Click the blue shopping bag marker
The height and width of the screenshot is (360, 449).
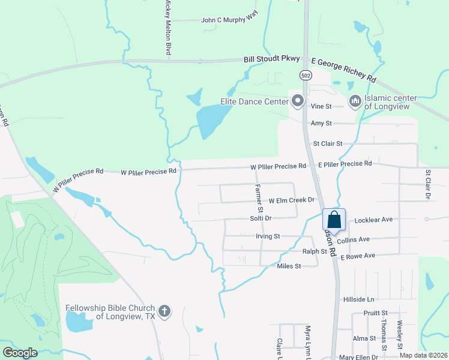(334, 220)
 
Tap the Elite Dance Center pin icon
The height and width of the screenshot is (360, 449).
(296, 100)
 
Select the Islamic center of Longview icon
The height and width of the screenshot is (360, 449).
(354, 101)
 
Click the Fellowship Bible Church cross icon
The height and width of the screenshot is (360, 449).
(164, 311)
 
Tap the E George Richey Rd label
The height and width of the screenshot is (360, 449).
(343, 70)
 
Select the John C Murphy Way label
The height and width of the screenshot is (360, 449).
(229, 20)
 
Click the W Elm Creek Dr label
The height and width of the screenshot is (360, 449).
(292, 200)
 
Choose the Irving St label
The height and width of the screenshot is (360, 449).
(268, 236)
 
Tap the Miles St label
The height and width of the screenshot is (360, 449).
(289, 266)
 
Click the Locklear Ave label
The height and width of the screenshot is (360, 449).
(373, 220)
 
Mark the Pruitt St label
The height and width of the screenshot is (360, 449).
(376, 313)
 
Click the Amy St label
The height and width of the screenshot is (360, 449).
(321, 123)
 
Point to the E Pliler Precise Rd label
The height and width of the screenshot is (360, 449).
(345, 164)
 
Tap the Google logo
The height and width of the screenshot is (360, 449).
(20, 353)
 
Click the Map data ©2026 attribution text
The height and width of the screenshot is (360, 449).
(423, 355)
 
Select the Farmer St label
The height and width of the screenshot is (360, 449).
(259, 199)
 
